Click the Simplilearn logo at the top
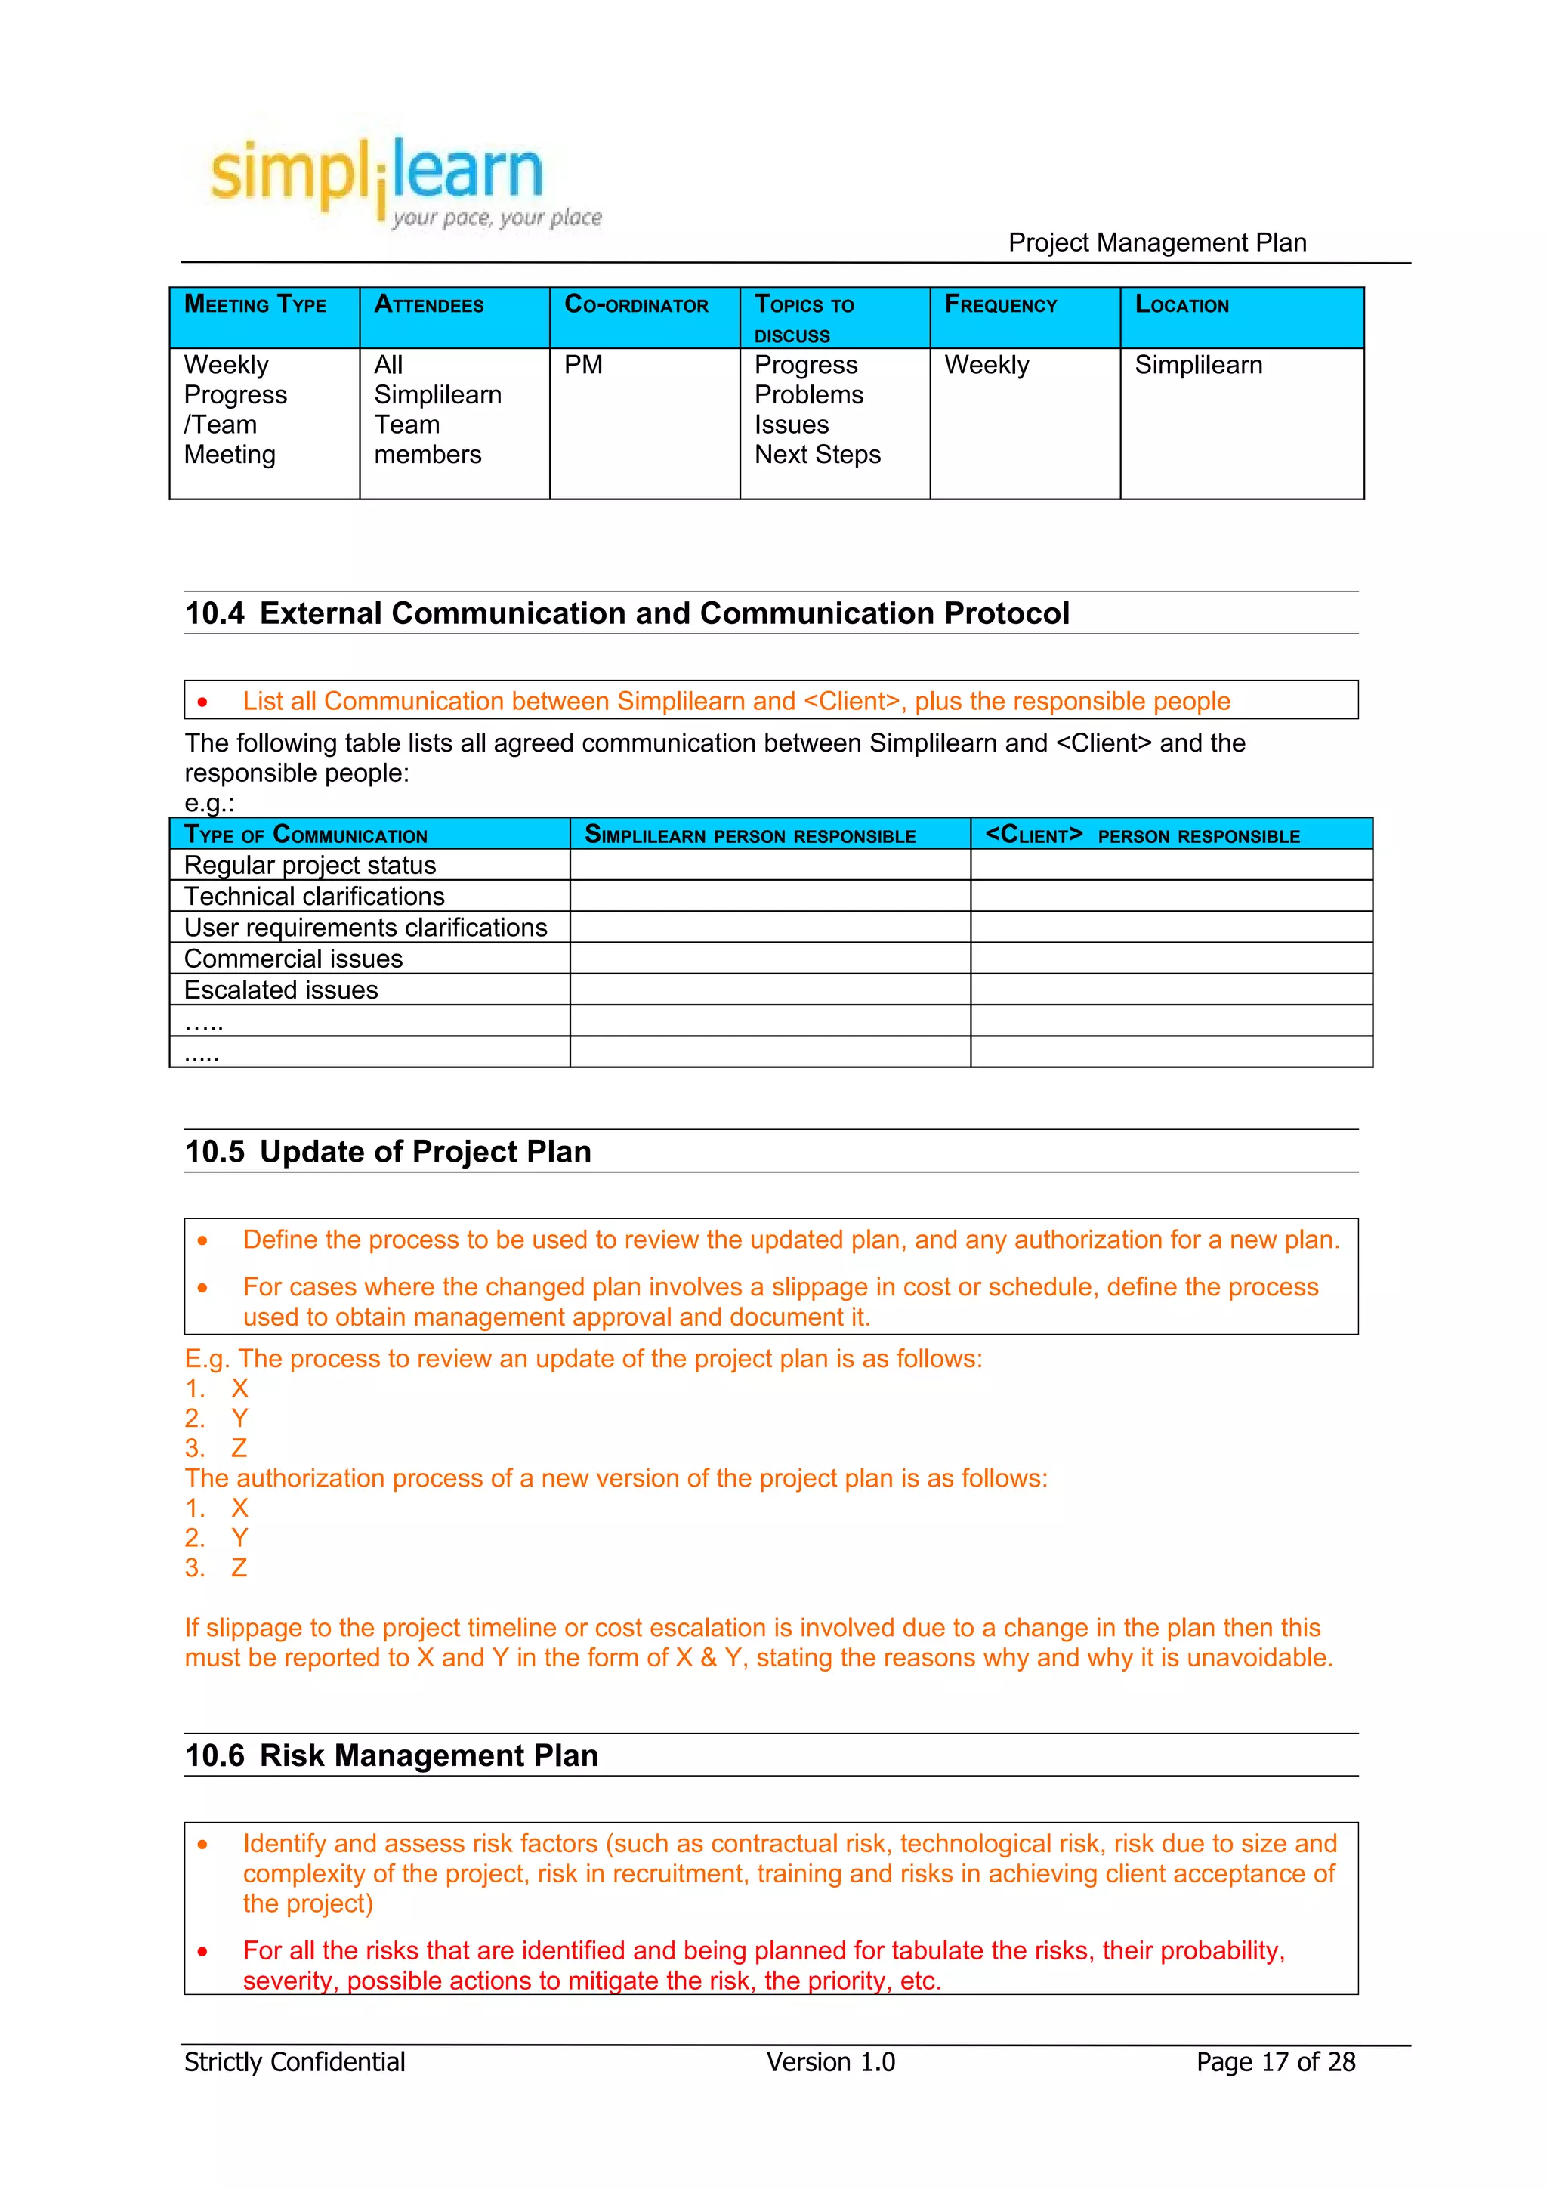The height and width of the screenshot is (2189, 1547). click(x=400, y=177)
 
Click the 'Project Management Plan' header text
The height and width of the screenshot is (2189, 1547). click(x=1156, y=242)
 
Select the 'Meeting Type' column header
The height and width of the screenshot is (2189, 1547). click(x=255, y=305)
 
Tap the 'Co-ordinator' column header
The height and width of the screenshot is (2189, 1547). click(x=636, y=305)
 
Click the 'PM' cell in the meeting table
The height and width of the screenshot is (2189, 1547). click(x=582, y=365)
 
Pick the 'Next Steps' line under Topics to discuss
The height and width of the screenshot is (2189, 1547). click(x=817, y=455)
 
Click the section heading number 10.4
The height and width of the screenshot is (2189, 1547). click(x=215, y=613)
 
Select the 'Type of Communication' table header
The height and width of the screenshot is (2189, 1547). click(x=305, y=835)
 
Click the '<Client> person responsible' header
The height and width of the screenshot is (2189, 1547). click(x=1142, y=835)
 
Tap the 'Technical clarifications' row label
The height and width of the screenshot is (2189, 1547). click(x=313, y=896)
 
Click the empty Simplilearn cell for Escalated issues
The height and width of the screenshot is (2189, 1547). click(x=769, y=990)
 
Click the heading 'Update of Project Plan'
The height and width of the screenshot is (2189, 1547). click(x=425, y=1152)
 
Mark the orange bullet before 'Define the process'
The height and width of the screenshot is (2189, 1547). click(x=202, y=1240)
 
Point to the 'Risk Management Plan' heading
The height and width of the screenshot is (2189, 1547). click(x=428, y=1755)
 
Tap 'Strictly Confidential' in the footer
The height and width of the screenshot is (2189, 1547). click(x=294, y=2062)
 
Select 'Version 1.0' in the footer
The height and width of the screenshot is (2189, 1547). click(x=830, y=2062)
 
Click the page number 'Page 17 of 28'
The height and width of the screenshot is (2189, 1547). click(x=1274, y=2062)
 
